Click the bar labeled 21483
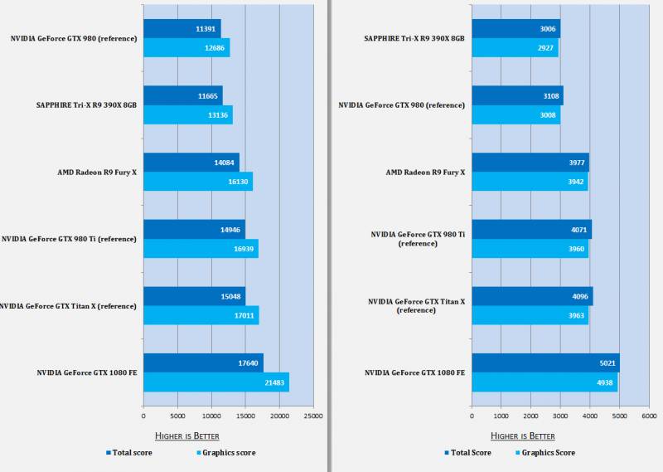[x=215, y=382]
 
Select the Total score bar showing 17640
[x=203, y=363]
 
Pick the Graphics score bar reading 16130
[x=197, y=182]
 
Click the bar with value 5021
[x=545, y=363]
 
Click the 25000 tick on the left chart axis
[x=313, y=416]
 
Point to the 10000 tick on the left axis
[x=211, y=416]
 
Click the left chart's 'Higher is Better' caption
[x=187, y=436]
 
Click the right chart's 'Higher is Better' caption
[x=522, y=436]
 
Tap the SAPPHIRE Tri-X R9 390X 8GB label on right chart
[x=414, y=38]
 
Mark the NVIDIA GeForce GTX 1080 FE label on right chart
[x=414, y=373]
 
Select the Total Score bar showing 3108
[x=517, y=95]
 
